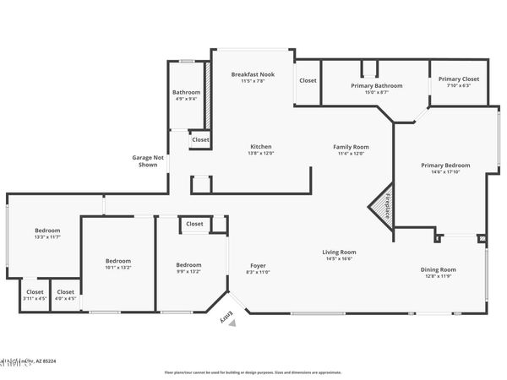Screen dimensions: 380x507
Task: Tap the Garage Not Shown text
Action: click(x=147, y=160)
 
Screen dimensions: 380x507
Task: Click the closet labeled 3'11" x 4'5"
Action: click(x=35, y=295)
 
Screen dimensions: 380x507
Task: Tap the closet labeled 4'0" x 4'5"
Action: click(x=65, y=295)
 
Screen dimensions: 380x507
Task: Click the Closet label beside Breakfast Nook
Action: click(x=308, y=81)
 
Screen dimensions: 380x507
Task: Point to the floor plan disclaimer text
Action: click(x=253, y=372)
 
